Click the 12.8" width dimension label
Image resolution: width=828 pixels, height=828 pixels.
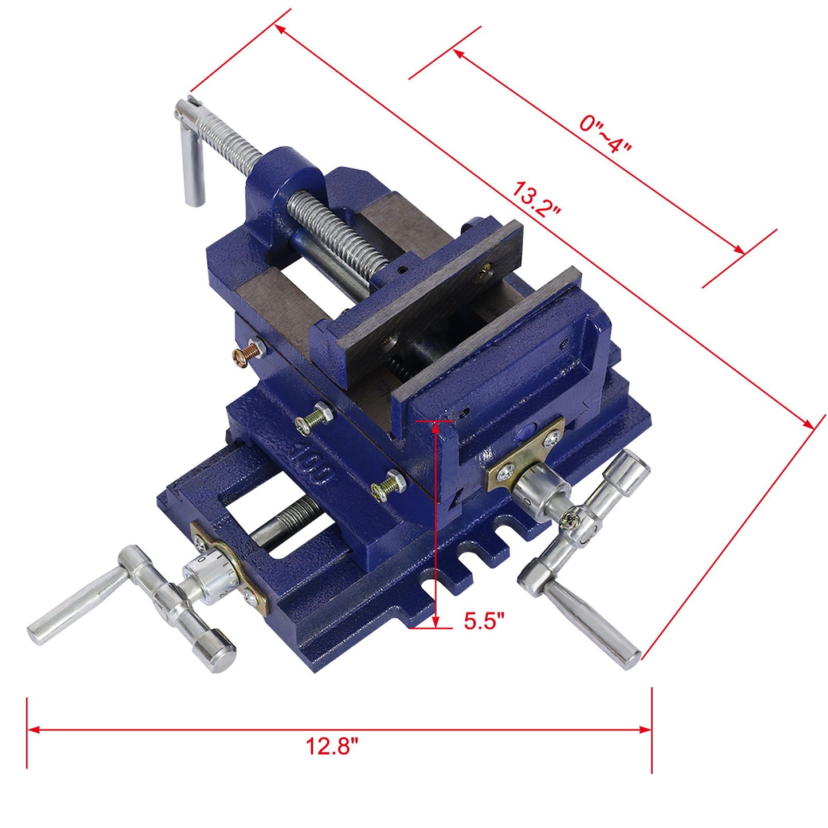point(332,746)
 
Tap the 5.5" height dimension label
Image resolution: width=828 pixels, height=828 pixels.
point(484,621)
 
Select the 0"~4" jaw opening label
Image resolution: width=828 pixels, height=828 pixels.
point(605,134)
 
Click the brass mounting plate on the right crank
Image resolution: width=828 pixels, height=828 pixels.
point(524,453)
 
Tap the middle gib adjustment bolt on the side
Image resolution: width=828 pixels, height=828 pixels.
point(313,417)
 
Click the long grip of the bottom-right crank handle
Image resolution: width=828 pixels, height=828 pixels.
point(590,624)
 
